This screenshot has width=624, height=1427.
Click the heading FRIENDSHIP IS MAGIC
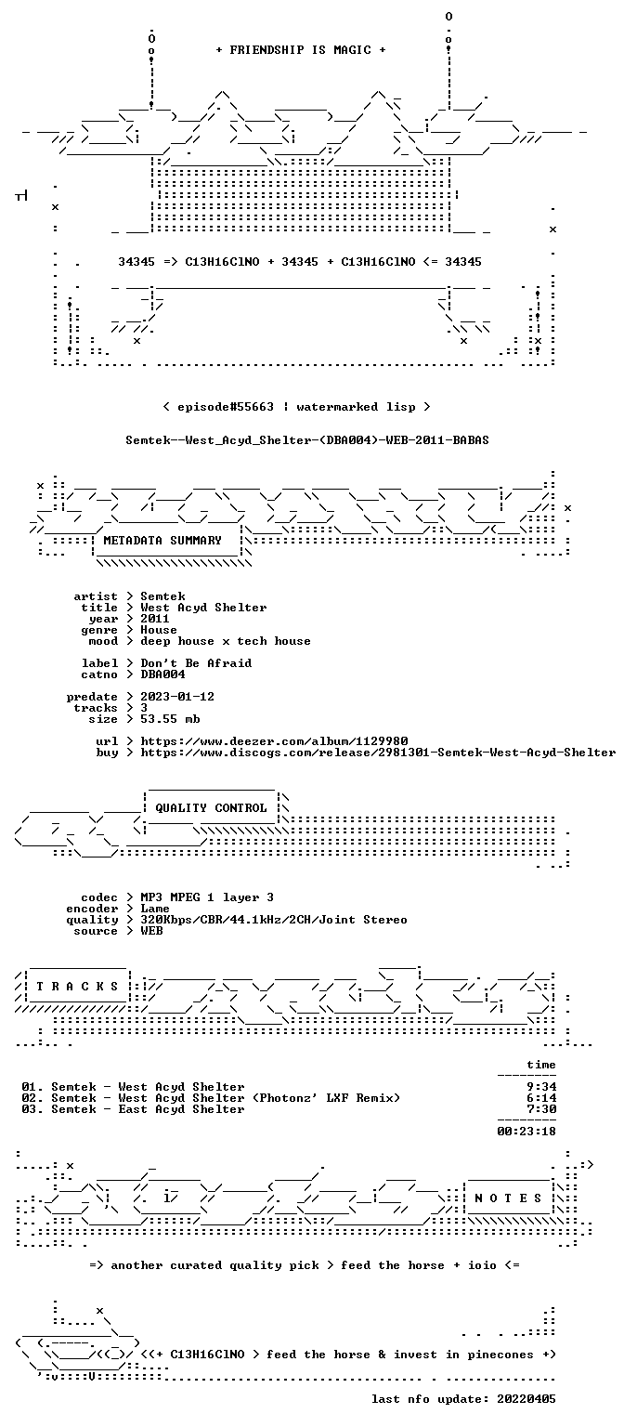[301, 50]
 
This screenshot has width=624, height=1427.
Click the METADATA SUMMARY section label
[162, 541]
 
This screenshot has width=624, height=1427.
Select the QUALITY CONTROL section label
[211, 808]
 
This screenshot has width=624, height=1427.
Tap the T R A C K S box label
[77, 987]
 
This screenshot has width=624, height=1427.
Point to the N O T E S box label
[508, 1198]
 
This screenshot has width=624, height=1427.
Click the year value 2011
[155, 619]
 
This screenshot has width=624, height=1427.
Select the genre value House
[159, 630]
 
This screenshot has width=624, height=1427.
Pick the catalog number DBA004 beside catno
[162, 674]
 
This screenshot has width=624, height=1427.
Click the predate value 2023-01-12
[177, 697]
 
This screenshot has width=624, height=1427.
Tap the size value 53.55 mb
[170, 719]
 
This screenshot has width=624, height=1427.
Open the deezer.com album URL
[274, 741]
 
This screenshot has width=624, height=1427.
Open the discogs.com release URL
[378, 753]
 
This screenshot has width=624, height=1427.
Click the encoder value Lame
[155, 910]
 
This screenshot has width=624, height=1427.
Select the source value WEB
[151, 932]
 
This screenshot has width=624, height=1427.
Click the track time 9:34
[541, 1088]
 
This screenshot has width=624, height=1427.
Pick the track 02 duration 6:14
[541, 1098]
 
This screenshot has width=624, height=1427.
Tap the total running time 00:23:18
[526, 1132]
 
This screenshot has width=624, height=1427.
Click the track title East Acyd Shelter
[181, 1110]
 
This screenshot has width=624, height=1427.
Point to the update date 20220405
[526, 1400]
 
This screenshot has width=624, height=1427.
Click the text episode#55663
[226, 407]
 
